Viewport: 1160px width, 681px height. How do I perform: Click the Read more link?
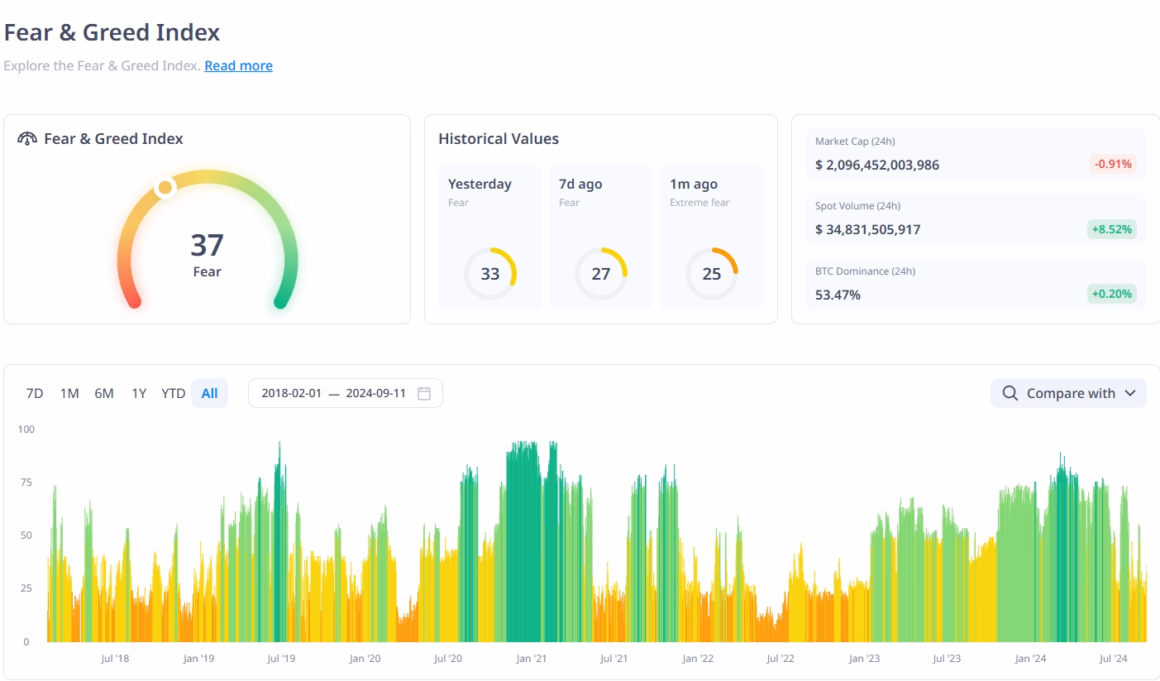[238, 66]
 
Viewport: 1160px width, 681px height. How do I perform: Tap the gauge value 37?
[207, 246]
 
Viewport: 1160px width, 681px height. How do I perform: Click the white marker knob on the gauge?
[165, 188]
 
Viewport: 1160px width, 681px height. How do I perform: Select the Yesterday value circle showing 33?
[490, 274]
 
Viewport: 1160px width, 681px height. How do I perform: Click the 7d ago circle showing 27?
[601, 274]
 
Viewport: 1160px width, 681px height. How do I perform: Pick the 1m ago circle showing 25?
[712, 274]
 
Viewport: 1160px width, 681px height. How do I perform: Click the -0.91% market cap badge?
[1113, 164]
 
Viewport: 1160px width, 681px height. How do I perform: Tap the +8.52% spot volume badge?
[1112, 229]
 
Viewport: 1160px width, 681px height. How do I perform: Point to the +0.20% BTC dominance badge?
[1112, 294]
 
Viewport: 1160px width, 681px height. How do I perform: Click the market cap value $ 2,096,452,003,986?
[877, 165]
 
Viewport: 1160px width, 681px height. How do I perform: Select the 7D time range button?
[35, 393]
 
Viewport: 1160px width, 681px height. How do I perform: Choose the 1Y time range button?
[139, 393]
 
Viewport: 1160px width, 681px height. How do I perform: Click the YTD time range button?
[173, 393]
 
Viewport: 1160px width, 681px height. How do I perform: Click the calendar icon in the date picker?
[424, 393]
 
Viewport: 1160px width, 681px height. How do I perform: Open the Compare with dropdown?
[1068, 393]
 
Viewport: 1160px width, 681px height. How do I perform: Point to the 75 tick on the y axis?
[26, 482]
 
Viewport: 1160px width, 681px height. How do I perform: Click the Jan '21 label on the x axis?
[531, 659]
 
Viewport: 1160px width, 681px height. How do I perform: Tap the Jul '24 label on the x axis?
[1113, 659]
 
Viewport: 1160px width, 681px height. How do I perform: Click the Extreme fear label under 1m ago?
[699, 203]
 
